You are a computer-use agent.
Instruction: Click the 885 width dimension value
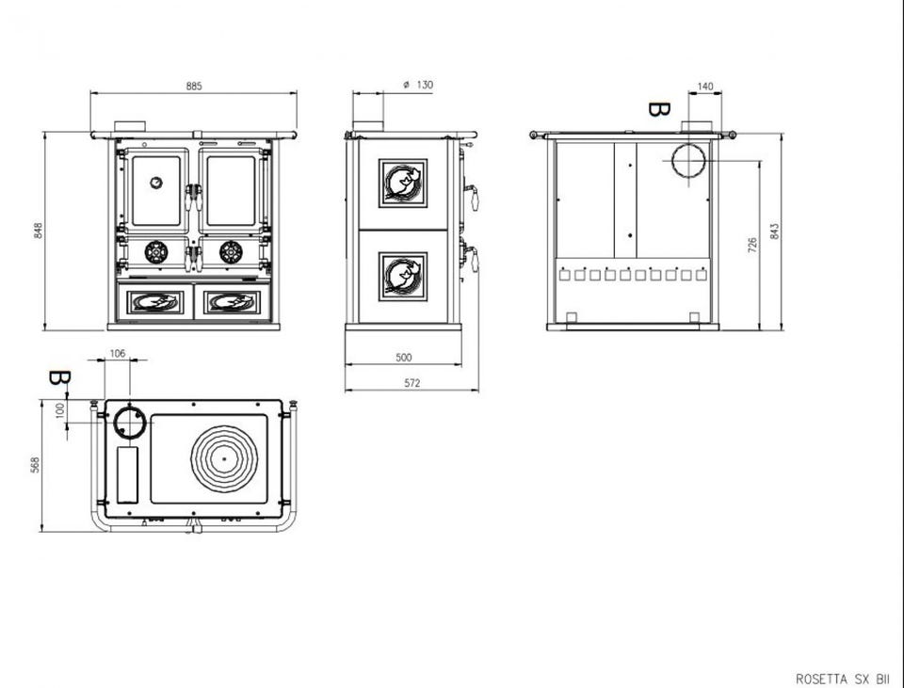click(x=194, y=87)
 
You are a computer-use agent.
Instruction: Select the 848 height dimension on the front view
click(x=39, y=231)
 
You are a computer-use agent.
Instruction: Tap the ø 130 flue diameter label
click(x=418, y=85)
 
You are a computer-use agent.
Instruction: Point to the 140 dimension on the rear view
click(x=705, y=87)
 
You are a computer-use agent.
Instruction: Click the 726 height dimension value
click(x=752, y=245)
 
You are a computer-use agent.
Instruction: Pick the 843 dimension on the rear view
click(x=774, y=232)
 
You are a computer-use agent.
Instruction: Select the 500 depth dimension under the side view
click(x=404, y=358)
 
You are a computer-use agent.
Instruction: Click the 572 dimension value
click(x=412, y=383)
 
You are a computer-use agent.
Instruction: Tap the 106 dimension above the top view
click(x=118, y=353)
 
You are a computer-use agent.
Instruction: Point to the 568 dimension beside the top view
click(x=35, y=465)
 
